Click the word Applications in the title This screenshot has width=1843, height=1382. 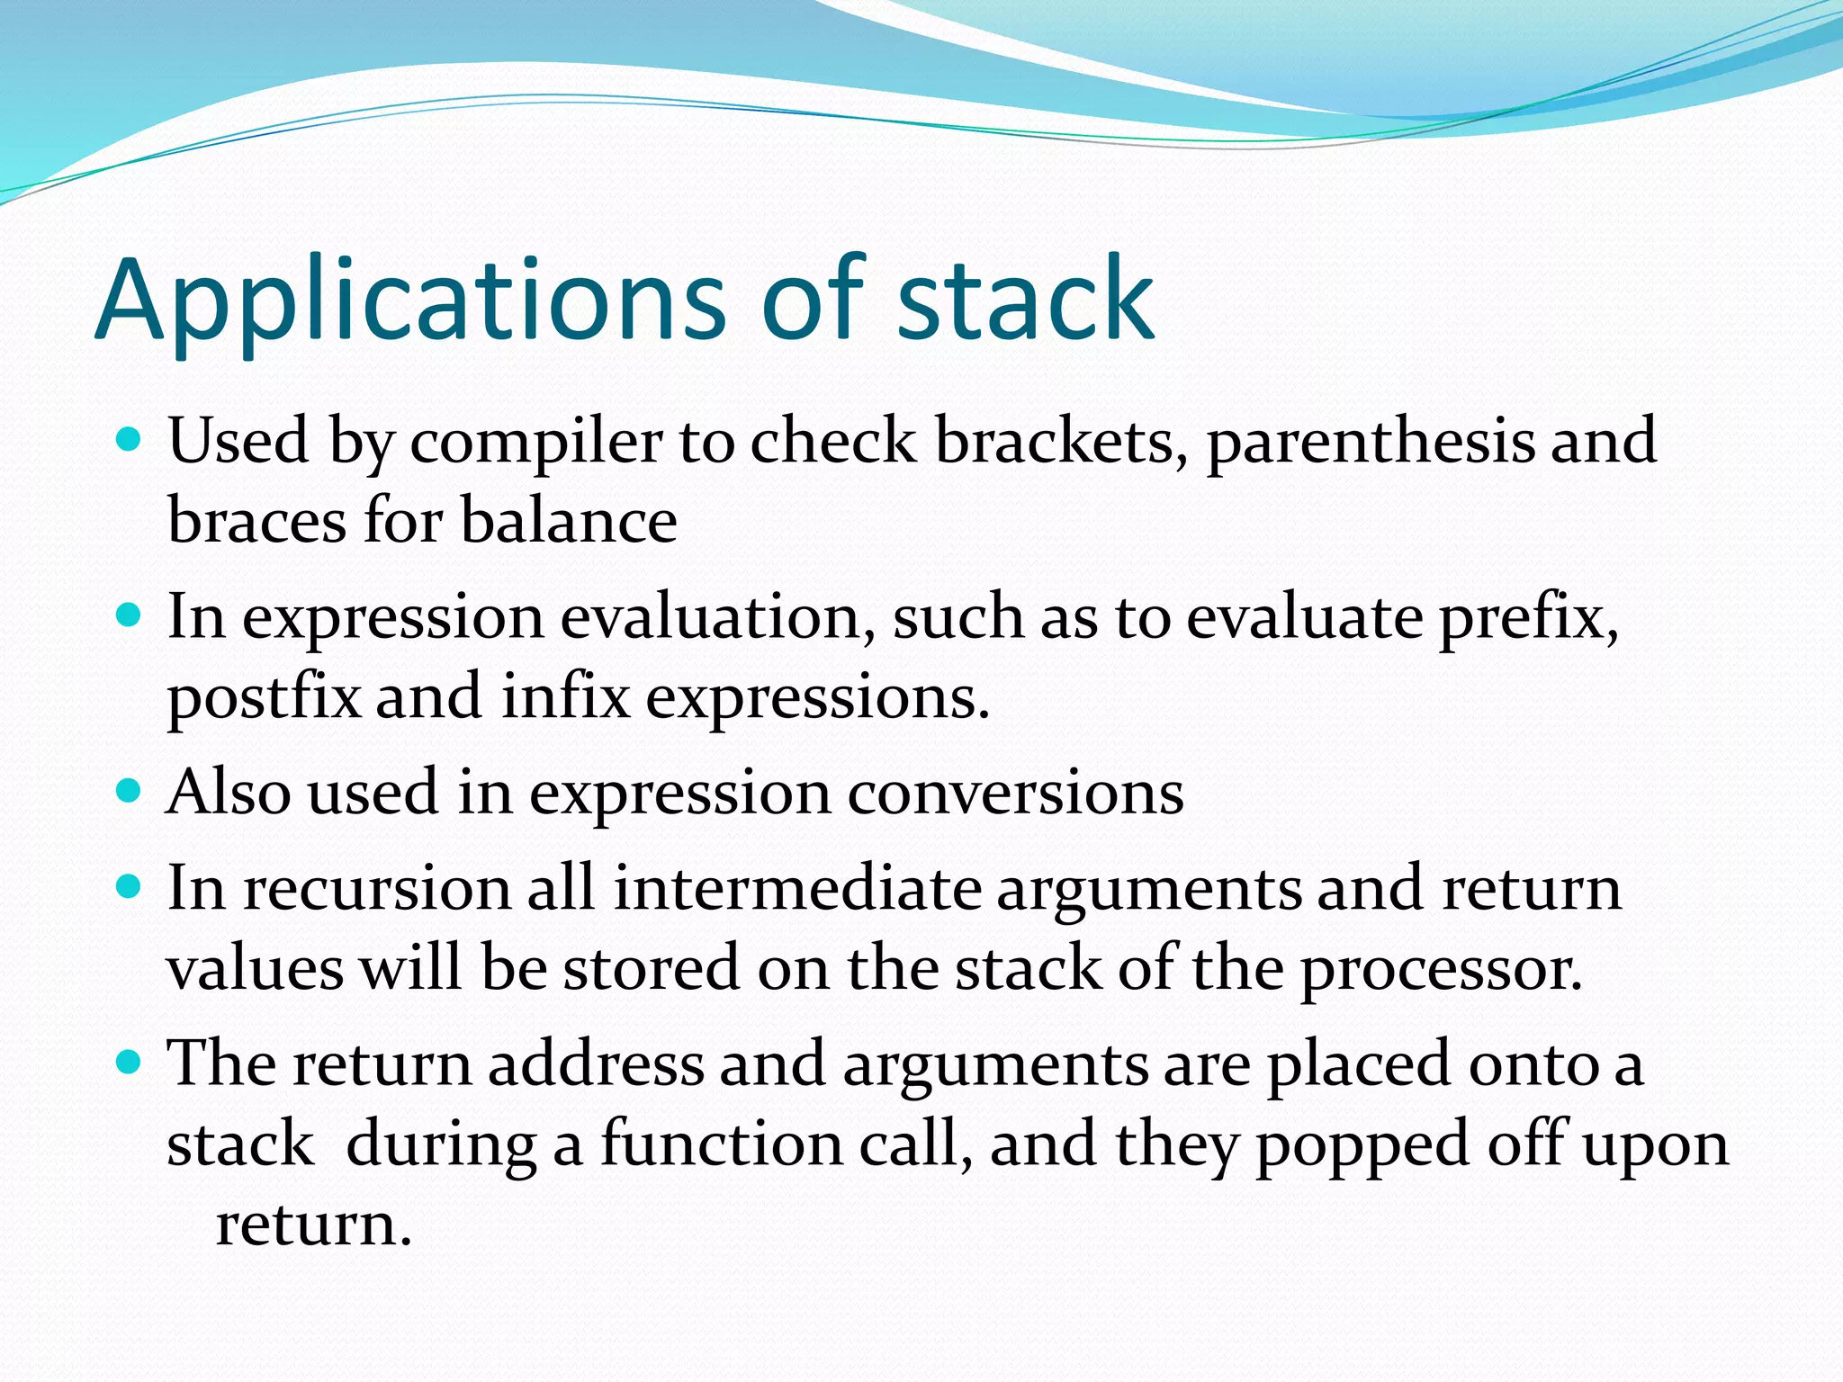point(409,301)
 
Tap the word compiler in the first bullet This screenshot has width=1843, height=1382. point(536,443)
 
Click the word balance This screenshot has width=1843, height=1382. point(569,522)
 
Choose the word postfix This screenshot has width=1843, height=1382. point(264,698)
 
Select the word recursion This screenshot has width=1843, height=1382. point(377,889)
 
